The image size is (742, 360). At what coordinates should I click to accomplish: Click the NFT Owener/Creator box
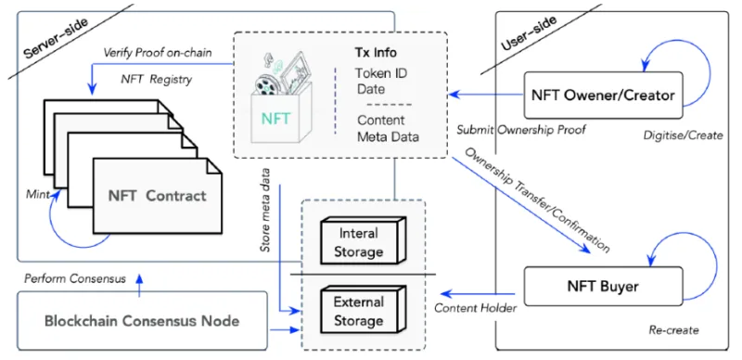coord(604,96)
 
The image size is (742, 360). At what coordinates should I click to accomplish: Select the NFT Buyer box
coord(604,286)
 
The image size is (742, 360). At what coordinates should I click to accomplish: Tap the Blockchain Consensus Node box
coord(142,321)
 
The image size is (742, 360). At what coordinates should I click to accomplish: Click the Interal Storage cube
coord(363,242)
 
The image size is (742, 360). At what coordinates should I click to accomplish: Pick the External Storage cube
coord(363,311)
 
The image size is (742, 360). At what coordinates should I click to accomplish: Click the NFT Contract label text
coord(157,196)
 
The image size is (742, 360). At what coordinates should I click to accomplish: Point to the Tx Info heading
coord(376,52)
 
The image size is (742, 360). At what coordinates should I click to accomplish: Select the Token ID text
coord(381,74)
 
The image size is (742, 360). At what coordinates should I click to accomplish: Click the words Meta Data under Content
coord(388,137)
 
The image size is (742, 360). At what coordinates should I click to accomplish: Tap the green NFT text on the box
coord(277,117)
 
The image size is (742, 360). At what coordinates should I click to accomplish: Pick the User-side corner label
coord(529,33)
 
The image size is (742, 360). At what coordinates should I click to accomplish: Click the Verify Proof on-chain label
coord(158,53)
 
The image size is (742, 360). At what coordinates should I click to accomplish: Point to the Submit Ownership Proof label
coord(521,129)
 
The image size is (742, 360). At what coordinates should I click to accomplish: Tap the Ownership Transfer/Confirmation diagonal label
coord(537,199)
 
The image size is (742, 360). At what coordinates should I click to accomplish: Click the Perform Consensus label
coord(75,278)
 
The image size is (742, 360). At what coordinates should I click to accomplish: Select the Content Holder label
coord(475,308)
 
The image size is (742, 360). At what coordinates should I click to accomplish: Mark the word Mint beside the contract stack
coord(37,195)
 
